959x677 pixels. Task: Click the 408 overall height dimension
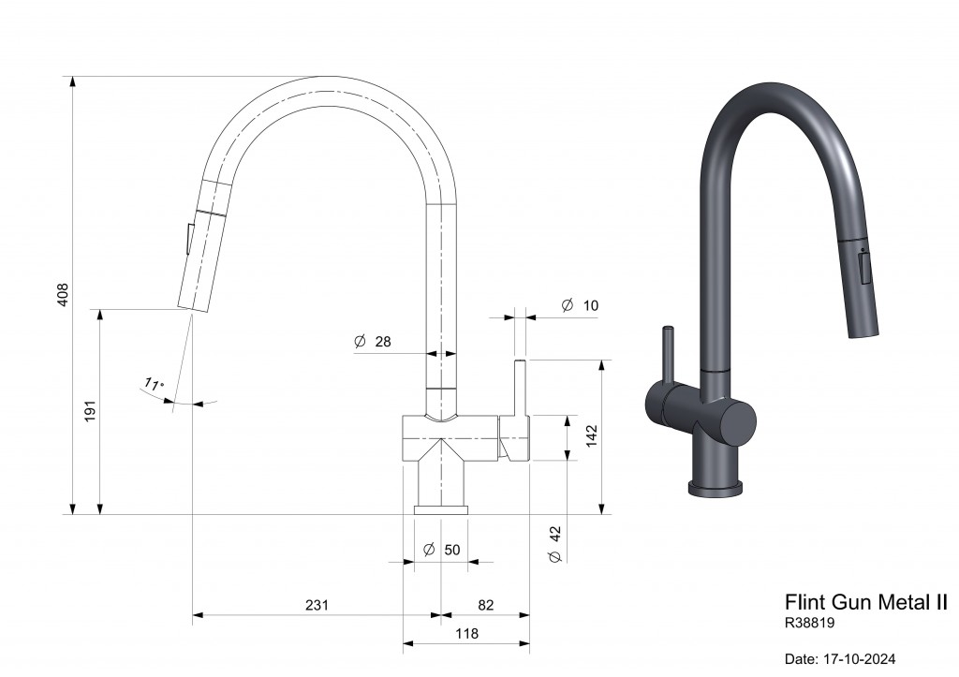[x=63, y=295]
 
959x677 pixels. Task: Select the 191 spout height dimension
[x=91, y=411]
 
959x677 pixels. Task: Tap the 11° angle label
[x=154, y=384]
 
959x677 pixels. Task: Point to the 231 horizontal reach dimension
[x=317, y=605]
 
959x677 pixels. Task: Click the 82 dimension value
[x=486, y=605]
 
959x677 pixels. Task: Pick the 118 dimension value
[x=466, y=634]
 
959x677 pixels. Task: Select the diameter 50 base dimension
[x=442, y=550]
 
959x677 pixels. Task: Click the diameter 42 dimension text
[x=555, y=544]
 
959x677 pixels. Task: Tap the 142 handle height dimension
[x=592, y=436]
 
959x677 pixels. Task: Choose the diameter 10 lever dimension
[x=580, y=305]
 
